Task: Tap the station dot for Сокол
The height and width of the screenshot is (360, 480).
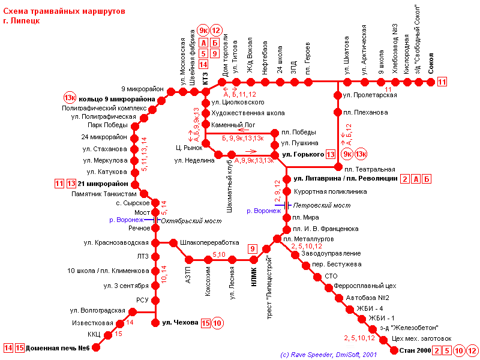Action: tap(430, 83)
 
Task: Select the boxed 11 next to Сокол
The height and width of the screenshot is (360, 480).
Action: tap(442, 83)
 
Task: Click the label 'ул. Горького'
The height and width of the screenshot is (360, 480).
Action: tap(303, 155)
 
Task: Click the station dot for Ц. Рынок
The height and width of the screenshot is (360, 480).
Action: tap(206, 143)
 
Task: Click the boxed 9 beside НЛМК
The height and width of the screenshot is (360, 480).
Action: tap(253, 249)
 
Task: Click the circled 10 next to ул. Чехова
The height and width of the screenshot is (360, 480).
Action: tap(217, 323)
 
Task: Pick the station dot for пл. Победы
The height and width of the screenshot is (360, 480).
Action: tap(274, 133)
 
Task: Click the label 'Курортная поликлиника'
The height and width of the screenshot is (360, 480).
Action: tap(329, 192)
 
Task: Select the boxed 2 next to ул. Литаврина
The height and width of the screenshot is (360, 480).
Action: tap(406, 179)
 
